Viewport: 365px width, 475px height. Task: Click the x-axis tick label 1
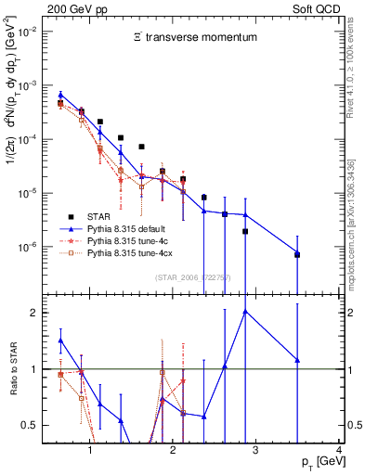click(x=90, y=451)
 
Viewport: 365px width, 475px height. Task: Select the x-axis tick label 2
click(x=174, y=451)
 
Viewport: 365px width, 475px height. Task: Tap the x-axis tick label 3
click(x=256, y=451)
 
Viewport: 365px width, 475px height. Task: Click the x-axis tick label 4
click(x=338, y=451)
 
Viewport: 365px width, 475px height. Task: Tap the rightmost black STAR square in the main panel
click(x=297, y=254)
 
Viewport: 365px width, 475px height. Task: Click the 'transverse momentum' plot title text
click(x=185, y=37)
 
